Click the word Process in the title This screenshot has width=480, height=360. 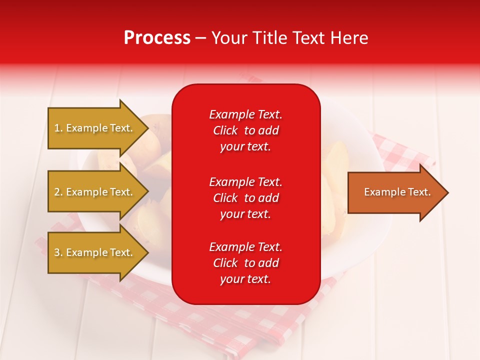[x=157, y=38]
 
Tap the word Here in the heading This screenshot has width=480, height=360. [x=349, y=38]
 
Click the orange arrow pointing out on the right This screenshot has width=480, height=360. [x=395, y=192]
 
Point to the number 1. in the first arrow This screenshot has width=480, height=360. [x=58, y=128]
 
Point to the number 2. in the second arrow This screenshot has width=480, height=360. [x=58, y=192]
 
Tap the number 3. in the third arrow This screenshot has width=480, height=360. [x=58, y=253]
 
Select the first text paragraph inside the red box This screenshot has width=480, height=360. [x=245, y=130]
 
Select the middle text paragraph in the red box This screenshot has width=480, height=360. [x=245, y=198]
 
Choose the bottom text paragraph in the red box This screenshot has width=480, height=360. [x=245, y=263]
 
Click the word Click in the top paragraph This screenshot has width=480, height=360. [x=225, y=131]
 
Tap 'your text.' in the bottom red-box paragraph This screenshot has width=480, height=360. [x=245, y=279]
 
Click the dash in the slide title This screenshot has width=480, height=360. [x=200, y=38]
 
